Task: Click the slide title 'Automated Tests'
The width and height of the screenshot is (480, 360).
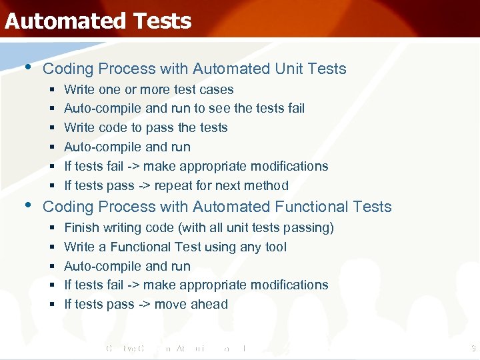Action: (x=98, y=21)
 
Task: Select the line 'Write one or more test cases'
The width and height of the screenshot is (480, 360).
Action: (x=149, y=89)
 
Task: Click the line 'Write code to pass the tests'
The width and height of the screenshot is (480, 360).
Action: (x=146, y=127)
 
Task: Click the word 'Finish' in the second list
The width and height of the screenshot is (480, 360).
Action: (x=81, y=227)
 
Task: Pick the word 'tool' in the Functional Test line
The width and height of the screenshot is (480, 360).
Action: (x=275, y=247)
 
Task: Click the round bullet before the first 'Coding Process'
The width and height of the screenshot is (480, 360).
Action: (x=27, y=67)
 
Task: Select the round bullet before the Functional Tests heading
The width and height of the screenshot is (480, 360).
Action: (x=27, y=205)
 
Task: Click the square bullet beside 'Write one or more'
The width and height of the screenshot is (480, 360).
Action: (x=52, y=89)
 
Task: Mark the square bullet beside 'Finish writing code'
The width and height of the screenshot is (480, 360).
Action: (x=52, y=227)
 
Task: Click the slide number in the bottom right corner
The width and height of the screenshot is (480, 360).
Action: (x=472, y=347)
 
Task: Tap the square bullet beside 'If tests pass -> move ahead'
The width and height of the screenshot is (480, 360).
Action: (x=52, y=304)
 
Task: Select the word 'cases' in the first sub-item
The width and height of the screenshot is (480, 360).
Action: (x=217, y=89)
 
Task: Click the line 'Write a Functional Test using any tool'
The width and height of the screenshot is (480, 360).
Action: (x=175, y=247)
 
